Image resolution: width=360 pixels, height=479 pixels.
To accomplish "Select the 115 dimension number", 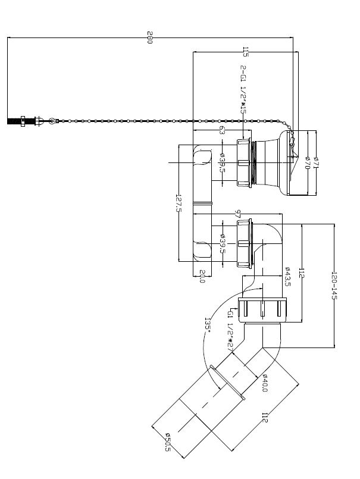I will tap(245, 52).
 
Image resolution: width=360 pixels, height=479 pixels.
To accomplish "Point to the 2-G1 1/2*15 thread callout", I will tap(243, 89).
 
